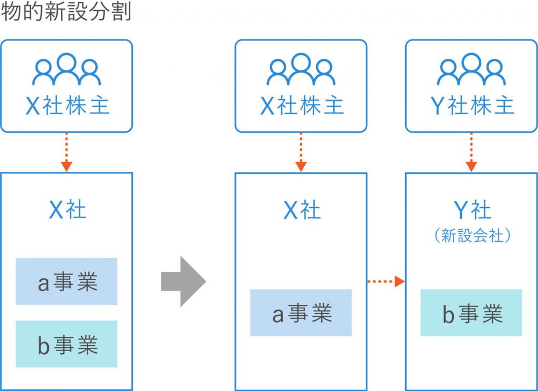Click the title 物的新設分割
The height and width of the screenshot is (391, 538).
[x=66, y=12]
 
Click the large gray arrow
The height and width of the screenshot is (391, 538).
[x=183, y=281]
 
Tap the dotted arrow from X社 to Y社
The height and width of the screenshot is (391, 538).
[x=386, y=282]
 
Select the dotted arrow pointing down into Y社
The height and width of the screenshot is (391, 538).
[x=471, y=152]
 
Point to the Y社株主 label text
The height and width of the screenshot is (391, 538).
[x=471, y=107]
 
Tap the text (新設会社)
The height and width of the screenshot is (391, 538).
[x=471, y=236]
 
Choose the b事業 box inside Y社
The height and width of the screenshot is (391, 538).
[x=471, y=313]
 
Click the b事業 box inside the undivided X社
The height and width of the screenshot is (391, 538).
[x=67, y=344]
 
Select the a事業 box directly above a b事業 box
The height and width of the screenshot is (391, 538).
[x=67, y=282]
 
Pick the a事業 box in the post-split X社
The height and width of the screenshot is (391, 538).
[x=301, y=313]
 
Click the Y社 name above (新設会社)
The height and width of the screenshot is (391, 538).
[x=471, y=210]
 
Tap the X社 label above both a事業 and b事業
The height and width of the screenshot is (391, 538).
[x=67, y=210]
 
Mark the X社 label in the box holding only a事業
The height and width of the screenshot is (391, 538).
[x=301, y=210]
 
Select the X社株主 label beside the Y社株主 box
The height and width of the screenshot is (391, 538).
[x=301, y=107]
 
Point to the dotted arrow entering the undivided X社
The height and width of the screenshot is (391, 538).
[x=66, y=152]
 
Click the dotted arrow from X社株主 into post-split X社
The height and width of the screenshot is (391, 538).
[x=301, y=152]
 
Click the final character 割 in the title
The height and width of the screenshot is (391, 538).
[x=122, y=12]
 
